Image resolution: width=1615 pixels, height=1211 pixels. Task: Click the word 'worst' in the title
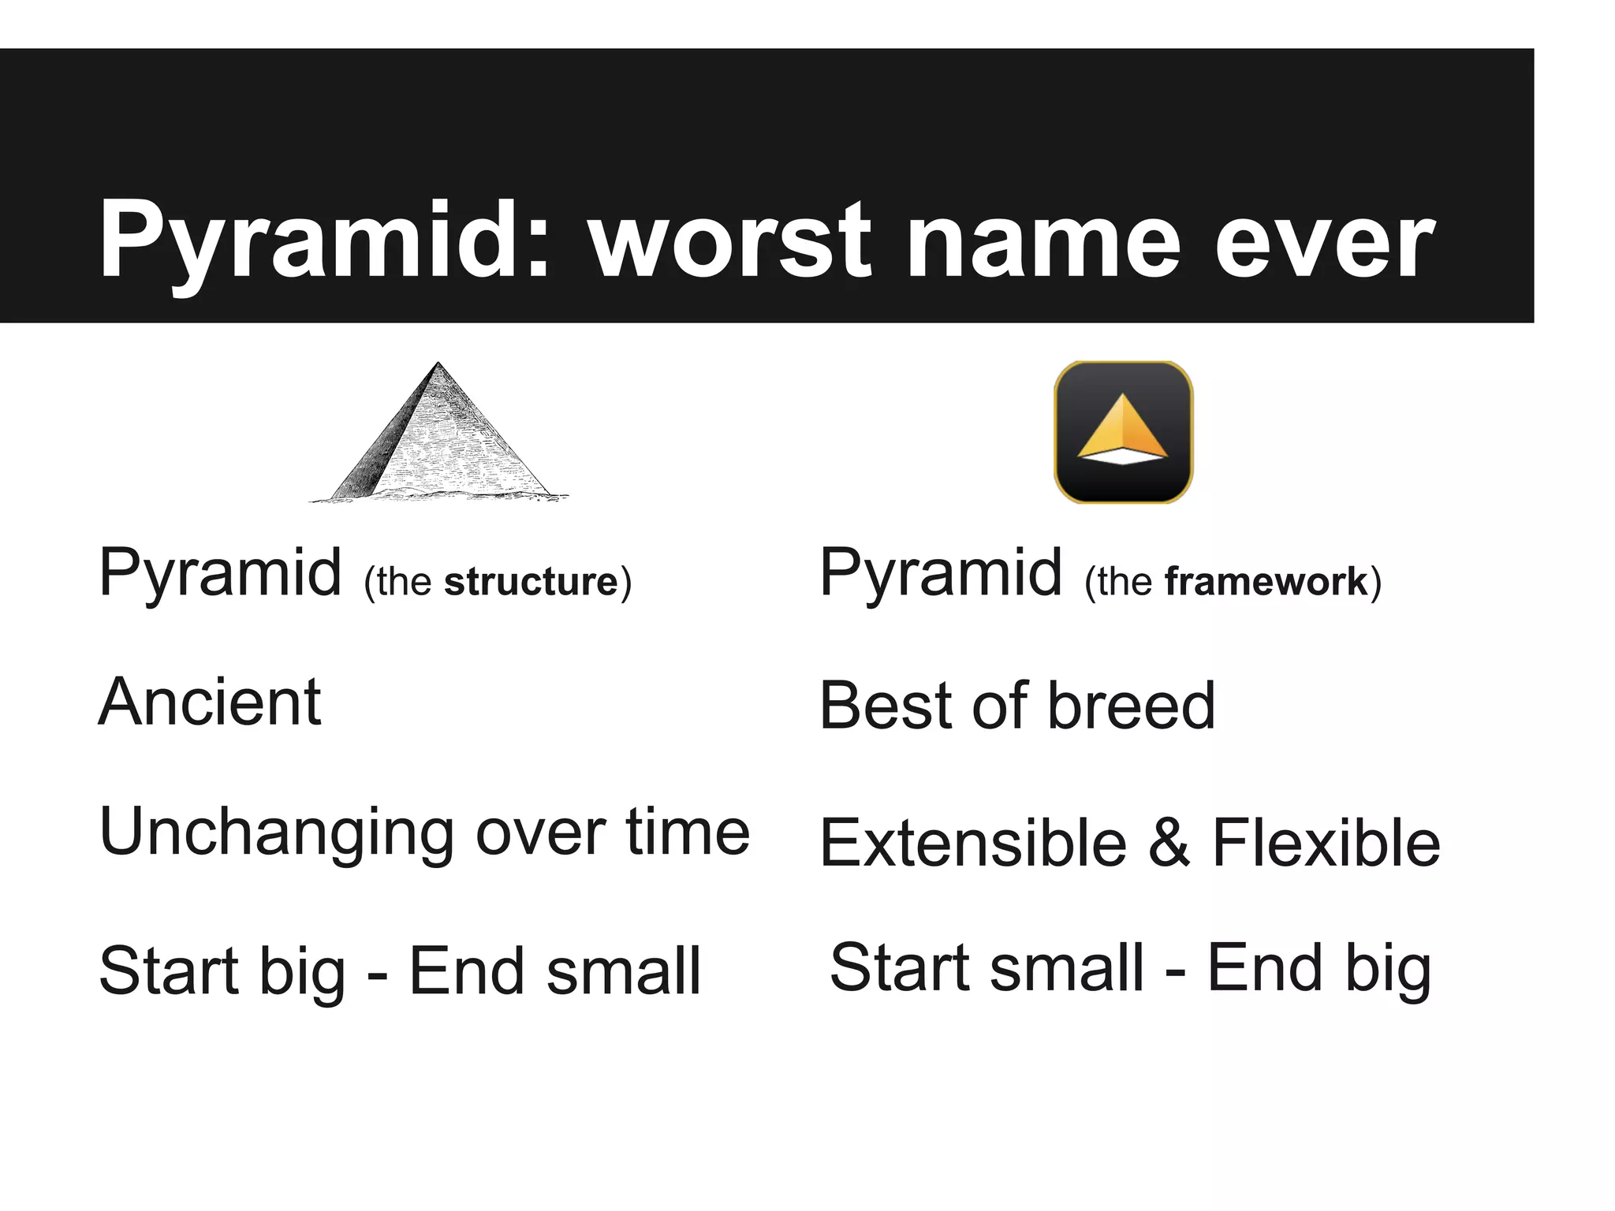pos(731,240)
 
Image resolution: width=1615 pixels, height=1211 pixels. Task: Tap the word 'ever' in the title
pos(1324,240)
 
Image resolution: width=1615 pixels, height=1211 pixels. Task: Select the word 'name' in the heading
pos(1043,240)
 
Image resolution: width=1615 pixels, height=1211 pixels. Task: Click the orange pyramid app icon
pos(1123,432)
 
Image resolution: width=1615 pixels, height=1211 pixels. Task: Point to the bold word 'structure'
pos(531,582)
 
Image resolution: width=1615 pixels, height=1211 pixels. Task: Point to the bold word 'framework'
pos(1266,582)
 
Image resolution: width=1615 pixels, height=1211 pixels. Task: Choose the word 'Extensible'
pos(974,843)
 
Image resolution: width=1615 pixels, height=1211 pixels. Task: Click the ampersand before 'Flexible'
pos(1169,843)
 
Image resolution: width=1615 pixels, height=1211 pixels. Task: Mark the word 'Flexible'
pos(1326,843)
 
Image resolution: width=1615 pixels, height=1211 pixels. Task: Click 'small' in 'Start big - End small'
pos(623,971)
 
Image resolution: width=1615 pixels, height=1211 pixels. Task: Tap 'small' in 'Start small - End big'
pos(1066,968)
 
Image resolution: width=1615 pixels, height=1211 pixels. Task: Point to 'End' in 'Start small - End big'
pos(1263,968)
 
